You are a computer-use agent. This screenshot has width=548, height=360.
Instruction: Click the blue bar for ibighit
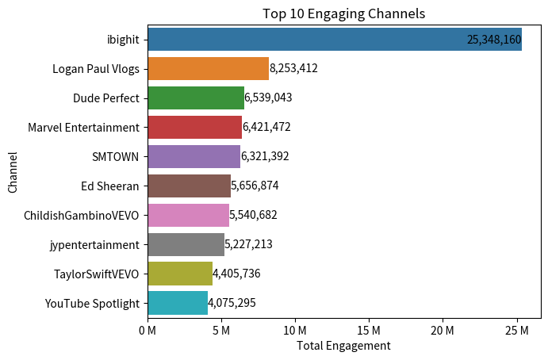[x=334, y=39]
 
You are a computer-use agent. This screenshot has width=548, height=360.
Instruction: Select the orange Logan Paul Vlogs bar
[x=208, y=68]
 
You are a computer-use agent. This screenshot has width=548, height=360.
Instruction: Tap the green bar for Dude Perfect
[x=195, y=98]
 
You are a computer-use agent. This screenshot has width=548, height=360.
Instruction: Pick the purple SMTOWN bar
[x=194, y=156]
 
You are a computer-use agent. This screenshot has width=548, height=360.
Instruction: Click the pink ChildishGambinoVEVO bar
[x=188, y=215]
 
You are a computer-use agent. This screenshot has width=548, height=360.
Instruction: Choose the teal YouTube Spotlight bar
[x=177, y=303]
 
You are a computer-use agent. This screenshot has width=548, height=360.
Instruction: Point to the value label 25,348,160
[x=493, y=40]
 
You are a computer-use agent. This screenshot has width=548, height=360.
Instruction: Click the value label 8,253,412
[x=293, y=69]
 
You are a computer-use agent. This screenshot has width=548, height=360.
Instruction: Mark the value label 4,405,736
[x=236, y=274]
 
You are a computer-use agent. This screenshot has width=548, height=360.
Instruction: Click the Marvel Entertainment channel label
[x=83, y=127]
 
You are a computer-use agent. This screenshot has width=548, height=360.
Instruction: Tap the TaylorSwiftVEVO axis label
[x=96, y=274]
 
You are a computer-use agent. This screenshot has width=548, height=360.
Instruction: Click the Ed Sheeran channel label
[x=110, y=186]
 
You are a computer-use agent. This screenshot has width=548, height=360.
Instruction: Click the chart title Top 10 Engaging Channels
[x=343, y=13]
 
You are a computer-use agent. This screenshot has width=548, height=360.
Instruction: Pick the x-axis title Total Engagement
[x=343, y=346]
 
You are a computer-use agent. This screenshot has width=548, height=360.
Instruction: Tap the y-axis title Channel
[x=13, y=171]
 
